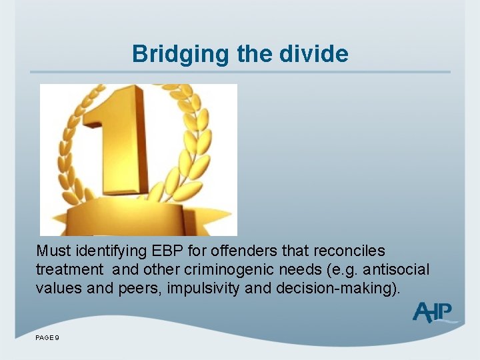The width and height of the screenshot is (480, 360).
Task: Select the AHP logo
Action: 433,312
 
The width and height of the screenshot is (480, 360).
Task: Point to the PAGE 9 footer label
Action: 47,339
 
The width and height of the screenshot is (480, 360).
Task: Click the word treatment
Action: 69,270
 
